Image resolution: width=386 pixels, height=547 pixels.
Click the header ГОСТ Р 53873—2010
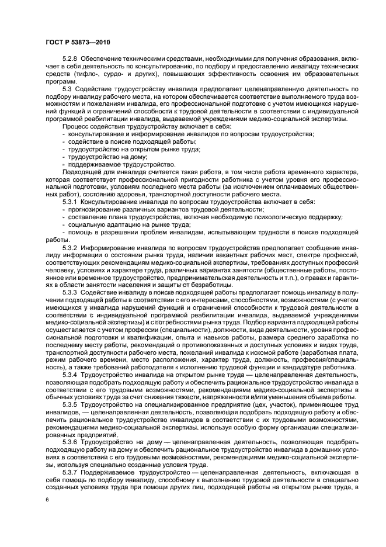click(76, 43)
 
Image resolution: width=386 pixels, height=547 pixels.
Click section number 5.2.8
click(71, 60)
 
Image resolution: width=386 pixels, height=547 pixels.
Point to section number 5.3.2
click(71, 247)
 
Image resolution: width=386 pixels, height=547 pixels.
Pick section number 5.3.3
click(71, 292)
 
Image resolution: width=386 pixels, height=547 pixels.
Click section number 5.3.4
click(71, 374)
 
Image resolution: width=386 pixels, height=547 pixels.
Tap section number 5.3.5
click(71, 404)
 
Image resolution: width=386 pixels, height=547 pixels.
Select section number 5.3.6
click(71, 442)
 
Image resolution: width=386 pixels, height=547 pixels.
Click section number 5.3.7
click(71, 472)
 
